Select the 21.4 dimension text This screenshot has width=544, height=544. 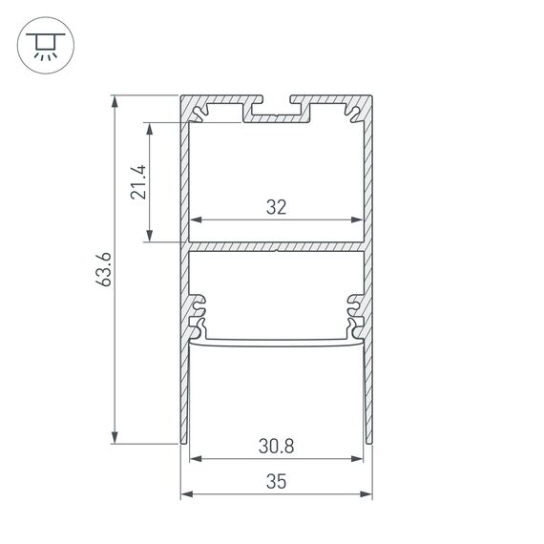tap(139, 181)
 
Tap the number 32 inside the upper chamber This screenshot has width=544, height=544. tap(277, 206)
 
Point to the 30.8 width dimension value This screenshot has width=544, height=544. tap(277, 445)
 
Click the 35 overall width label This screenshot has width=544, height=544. tap(277, 482)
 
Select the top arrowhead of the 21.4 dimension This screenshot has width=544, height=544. tap(150, 128)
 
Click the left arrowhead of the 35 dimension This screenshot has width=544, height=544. tap(187, 494)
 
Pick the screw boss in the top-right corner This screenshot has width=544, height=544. tap(353, 113)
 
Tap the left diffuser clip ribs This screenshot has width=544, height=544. tap(199, 310)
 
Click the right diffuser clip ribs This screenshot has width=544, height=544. tap(355, 310)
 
